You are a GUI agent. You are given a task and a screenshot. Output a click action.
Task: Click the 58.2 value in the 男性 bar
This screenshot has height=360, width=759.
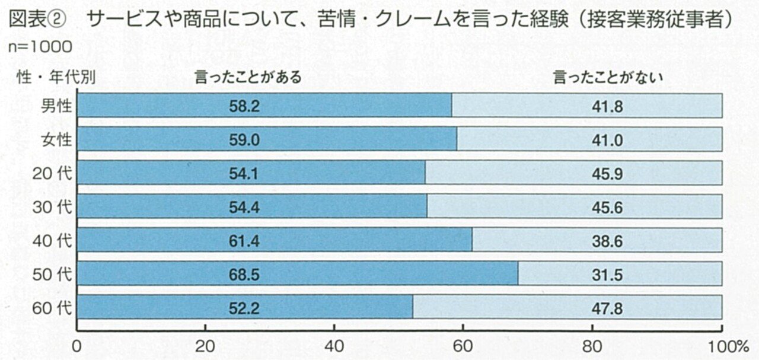(x=244, y=106)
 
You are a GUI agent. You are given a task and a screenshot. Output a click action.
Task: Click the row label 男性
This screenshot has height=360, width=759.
(x=56, y=106)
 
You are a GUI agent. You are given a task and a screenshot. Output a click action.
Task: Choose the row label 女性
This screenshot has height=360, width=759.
(x=56, y=139)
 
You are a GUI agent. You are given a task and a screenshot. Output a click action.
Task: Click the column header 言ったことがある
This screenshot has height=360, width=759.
(x=248, y=77)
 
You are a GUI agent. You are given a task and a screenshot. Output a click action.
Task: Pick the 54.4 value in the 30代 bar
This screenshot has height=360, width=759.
(x=244, y=206)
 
